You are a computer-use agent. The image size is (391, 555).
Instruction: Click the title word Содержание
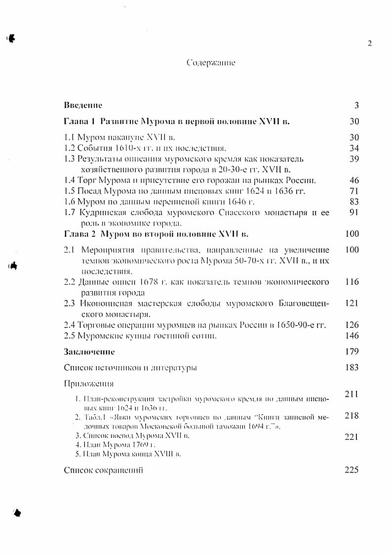tap(211, 63)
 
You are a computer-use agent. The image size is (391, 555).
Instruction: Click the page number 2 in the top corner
tap(369, 43)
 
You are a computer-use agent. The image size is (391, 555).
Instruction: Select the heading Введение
tap(83, 105)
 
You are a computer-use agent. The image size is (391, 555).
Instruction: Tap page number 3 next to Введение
tap(356, 105)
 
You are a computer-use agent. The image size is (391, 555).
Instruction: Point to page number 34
tap(354, 148)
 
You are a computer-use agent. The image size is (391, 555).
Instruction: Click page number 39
tap(354, 159)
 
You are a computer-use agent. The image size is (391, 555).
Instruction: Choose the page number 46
tap(354, 180)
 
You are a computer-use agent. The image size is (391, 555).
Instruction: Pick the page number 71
tap(354, 191)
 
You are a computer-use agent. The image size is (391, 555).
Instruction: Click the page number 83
tap(354, 202)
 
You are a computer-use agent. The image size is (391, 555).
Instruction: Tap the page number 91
tap(354, 213)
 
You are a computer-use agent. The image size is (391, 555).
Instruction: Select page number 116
tap(352, 282)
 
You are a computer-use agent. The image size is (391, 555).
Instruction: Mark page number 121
tap(352, 303)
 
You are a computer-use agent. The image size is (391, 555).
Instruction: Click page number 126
tap(352, 325)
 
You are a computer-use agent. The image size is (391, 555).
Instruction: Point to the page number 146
tap(352, 336)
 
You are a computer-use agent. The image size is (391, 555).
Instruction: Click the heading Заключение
tap(89, 352)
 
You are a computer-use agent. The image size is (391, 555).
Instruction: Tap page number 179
tap(352, 352)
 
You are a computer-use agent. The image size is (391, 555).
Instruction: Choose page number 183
tap(352, 368)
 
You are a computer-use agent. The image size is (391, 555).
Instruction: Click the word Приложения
tap(89, 384)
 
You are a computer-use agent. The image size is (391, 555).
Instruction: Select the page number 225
tap(352, 470)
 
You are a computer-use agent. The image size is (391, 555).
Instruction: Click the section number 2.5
tap(70, 336)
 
